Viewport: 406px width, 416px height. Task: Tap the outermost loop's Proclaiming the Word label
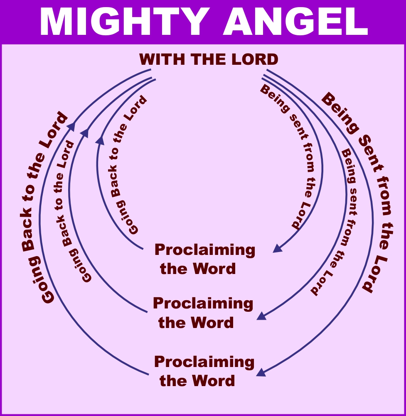[x=204, y=371]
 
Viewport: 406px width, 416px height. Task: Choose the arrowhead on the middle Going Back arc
[x=85, y=132]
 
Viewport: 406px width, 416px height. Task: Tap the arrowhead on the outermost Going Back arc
[x=71, y=126]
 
